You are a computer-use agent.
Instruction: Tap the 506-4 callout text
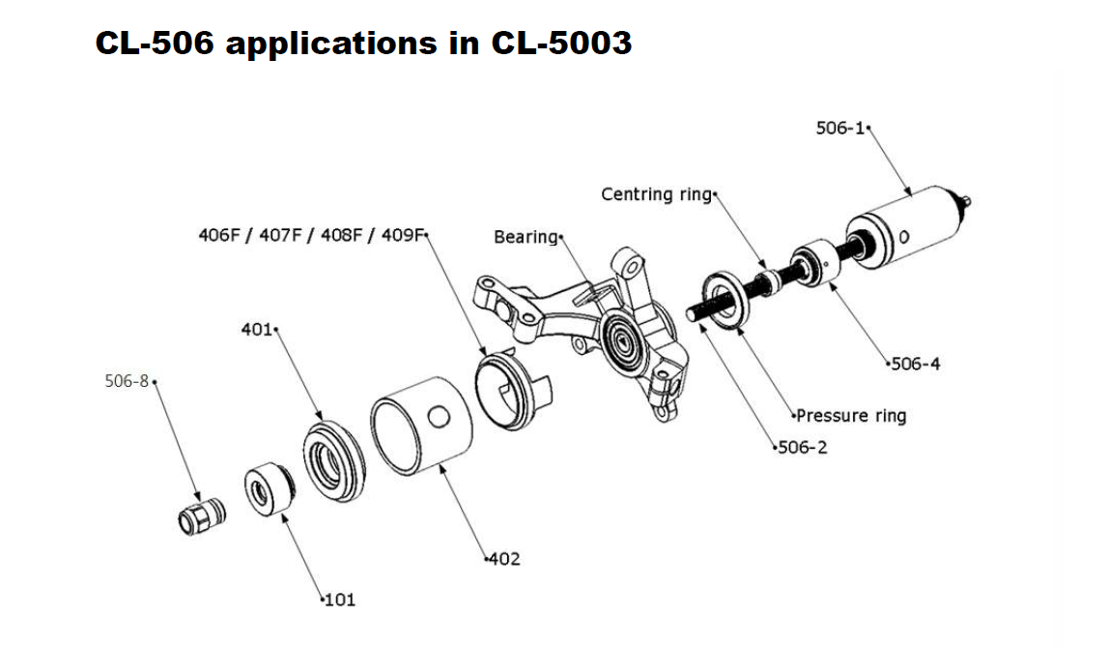coord(915,364)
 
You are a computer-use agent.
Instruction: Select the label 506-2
coord(803,448)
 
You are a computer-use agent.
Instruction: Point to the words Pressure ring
coord(851,416)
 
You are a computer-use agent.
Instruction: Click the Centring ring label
coord(656,194)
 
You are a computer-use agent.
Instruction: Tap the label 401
coord(258,331)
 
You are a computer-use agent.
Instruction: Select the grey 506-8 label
coord(127,381)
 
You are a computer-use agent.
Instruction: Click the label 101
coord(338,600)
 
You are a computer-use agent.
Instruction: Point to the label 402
coord(502,559)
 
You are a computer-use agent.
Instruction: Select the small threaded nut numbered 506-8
coord(200,515)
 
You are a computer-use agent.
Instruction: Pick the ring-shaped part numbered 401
coord(334,460)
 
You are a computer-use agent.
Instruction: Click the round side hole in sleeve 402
coord(438,417)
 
